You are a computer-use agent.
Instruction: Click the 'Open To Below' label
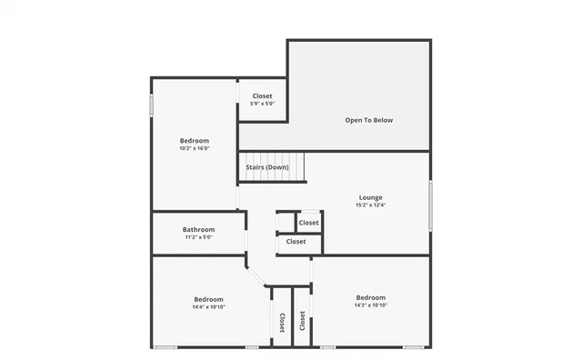coord(369,120)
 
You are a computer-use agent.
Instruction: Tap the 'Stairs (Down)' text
coord(267,167)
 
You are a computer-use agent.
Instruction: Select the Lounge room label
coord(370,197)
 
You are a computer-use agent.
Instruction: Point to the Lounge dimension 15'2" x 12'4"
coord(370,205)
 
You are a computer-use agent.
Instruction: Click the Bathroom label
coord(198,230)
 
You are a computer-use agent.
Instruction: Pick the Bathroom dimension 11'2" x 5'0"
coord(198,238)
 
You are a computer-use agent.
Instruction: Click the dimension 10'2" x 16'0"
coord(195,148)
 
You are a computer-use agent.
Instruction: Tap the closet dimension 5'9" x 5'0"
coord(263,105)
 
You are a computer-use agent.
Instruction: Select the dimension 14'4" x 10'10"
coord(208,307)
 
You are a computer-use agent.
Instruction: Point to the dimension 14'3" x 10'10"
coord(370,305)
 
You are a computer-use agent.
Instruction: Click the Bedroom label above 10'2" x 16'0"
coord(195,140)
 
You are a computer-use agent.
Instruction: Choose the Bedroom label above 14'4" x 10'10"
coord(208,299)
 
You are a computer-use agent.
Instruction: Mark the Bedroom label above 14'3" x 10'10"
coord(370,297)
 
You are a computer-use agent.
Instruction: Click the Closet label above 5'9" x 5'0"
coord(263,95)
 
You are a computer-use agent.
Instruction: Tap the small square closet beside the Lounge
coord(308,223)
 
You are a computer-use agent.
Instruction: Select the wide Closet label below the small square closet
coord(296,242)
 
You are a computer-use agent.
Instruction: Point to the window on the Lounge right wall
coord(430,205)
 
